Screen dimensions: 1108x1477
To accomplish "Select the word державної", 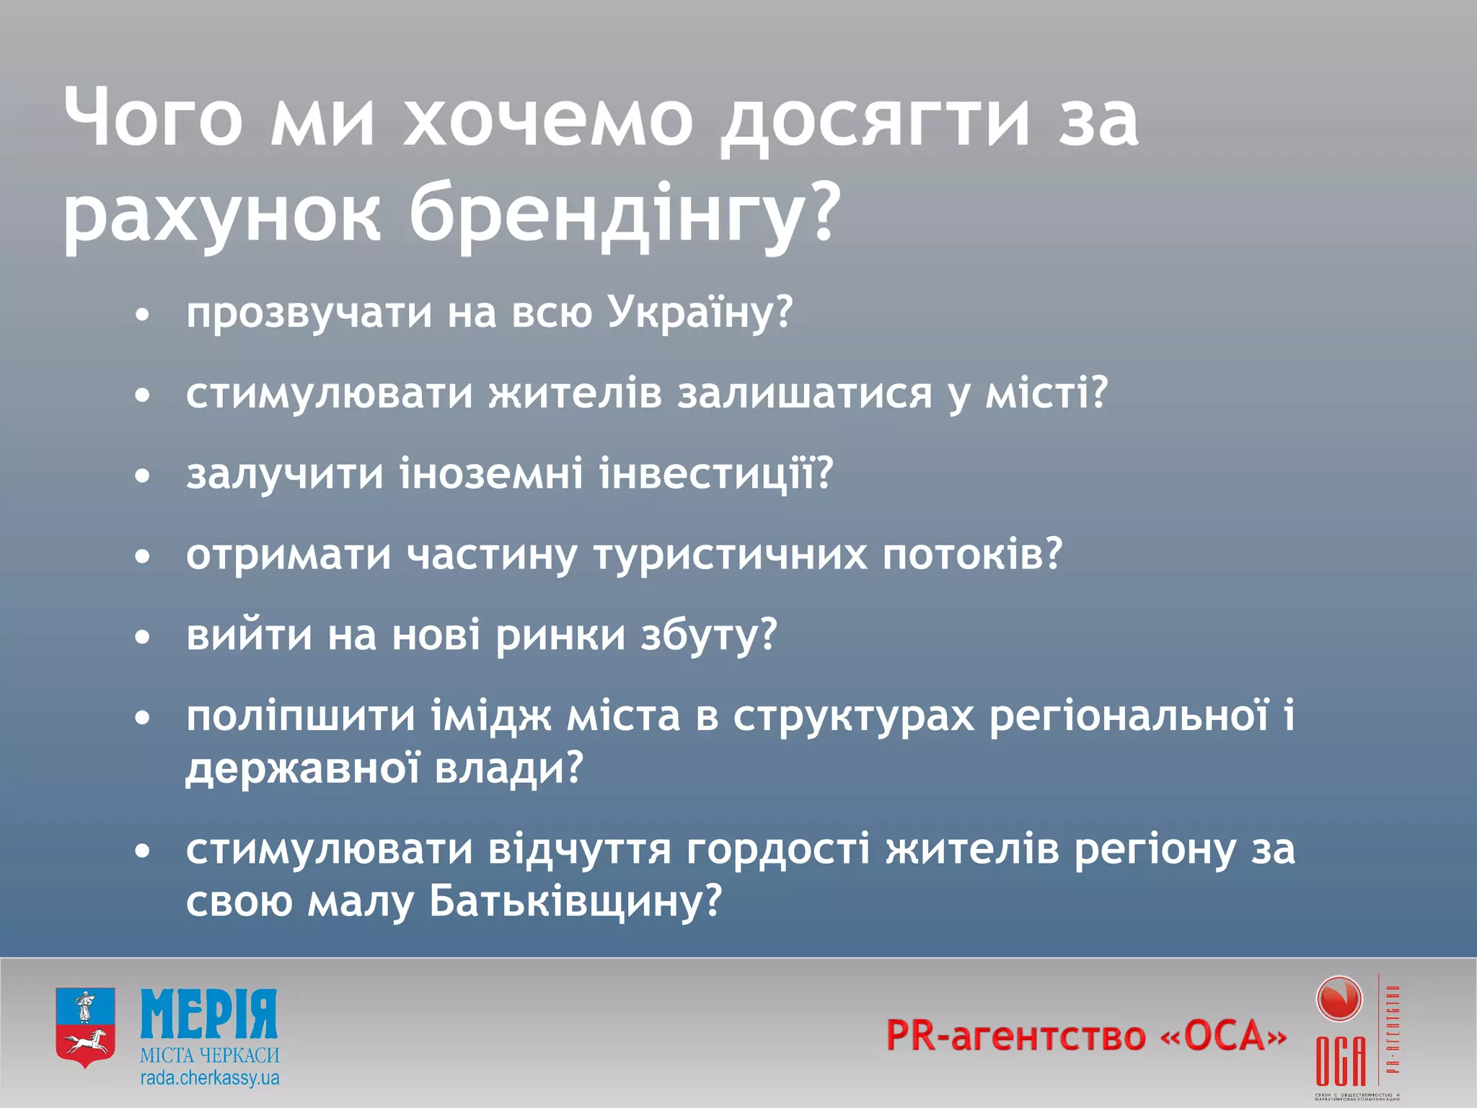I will tap(303, 768).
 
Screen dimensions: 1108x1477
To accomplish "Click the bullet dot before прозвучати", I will tap(144, 315).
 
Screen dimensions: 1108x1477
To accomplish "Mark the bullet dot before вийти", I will tap(144, 638).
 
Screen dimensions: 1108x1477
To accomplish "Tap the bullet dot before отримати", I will tap(144, 557).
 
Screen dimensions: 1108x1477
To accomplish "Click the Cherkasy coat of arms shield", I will tap(85, 1027).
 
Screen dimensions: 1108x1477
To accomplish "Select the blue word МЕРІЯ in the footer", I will tap(209, 1014).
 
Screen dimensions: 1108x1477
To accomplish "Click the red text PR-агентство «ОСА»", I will tap(1086, 1036).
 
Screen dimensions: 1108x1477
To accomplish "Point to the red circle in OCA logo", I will tap(1339, 1000).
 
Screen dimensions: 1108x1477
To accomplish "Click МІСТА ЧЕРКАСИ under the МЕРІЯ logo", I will tap(210, 1055).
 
